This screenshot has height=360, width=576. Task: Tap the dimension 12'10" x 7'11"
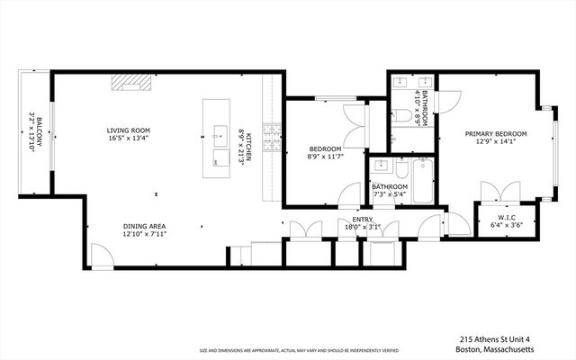tap(144, 234)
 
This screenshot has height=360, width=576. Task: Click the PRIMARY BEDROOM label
tap(496, 133)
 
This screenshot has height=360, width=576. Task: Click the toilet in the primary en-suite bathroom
tap(401, 115)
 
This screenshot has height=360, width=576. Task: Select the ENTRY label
tap(363, 219)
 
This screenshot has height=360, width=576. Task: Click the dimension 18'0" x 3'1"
tap(363, 227)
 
